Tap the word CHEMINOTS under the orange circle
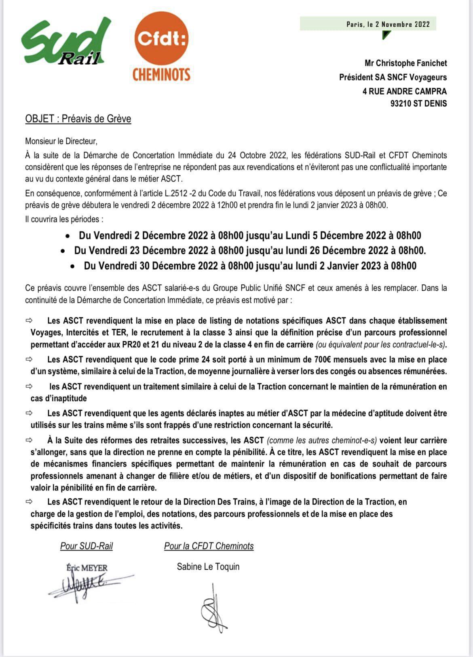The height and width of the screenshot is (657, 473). click(162, 74)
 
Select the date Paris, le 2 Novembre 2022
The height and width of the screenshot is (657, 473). click(388, 24)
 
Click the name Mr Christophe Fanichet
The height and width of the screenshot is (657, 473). click(405, 63)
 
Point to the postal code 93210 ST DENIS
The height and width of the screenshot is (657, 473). click(418, 104)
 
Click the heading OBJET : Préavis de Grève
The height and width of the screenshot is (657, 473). click(78, 119)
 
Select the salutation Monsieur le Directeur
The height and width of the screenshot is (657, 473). click(61, 142)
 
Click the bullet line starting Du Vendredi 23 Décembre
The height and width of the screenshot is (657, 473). click(250, 251)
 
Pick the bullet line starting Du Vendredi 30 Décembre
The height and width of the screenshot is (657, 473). click(250, 266)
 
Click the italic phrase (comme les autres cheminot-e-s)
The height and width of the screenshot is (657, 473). click(322, 440)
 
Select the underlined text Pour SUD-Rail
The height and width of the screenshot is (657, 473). click(87, 546)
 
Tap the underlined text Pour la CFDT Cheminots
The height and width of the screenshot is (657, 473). click(209, 546)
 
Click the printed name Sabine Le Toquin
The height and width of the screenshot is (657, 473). click(208, 567)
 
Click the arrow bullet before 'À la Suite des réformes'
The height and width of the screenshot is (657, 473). click(29, 440)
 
